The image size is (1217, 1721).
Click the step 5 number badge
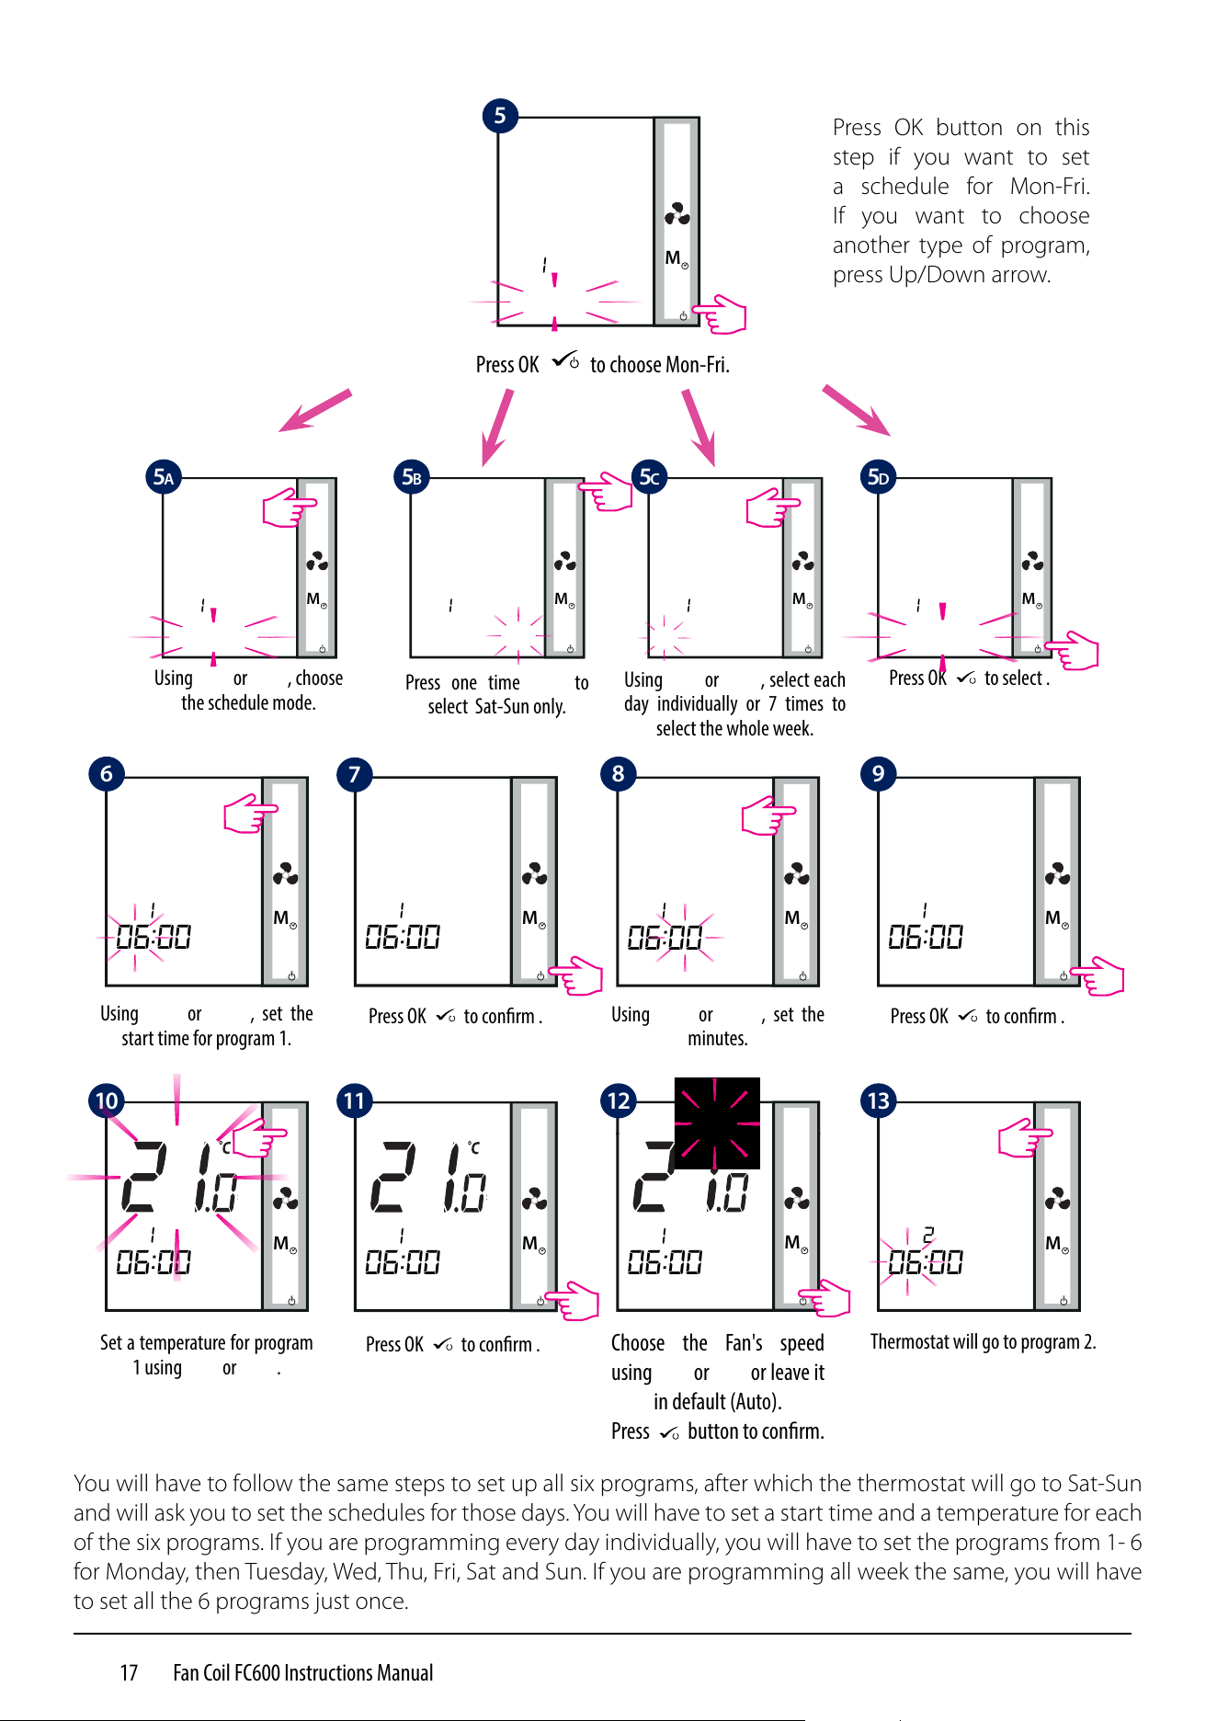point(500,116)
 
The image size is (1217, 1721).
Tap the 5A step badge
point(164,477)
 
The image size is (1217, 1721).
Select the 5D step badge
point(879,477)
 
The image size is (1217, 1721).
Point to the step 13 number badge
point(879,1100)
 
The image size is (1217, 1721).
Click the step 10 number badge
point(107,1100)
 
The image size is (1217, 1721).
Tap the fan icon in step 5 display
point(677,215)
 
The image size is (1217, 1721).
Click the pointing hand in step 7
point(575,974)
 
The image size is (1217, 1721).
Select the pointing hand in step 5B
point(606,492)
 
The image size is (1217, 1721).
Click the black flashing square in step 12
point(717,1123)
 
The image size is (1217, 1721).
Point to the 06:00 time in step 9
point(926,937)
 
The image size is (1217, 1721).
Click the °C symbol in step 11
point(473,1147)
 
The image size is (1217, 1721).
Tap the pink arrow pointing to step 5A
point(315,410)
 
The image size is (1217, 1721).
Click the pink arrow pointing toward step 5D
point(857,410)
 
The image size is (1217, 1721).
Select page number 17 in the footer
point(129,1672)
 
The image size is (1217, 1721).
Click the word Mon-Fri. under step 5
point(698,365)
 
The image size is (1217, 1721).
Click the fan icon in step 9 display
point(1057,873)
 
